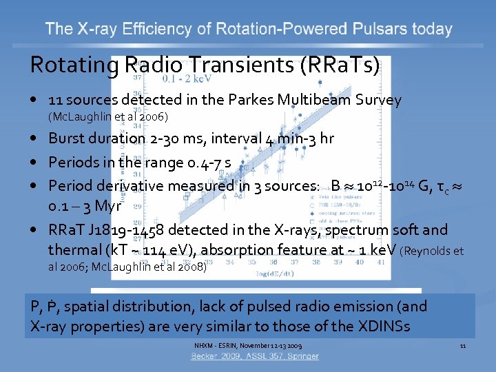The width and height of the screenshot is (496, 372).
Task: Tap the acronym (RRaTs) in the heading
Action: click(340, 65)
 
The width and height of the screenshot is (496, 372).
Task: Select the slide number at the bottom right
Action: click(463, 344)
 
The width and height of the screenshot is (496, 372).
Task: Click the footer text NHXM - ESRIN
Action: click(218, 344)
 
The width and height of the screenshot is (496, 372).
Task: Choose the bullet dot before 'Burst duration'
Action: click(34, 138)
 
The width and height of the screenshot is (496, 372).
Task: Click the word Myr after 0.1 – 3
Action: click(108, 205)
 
